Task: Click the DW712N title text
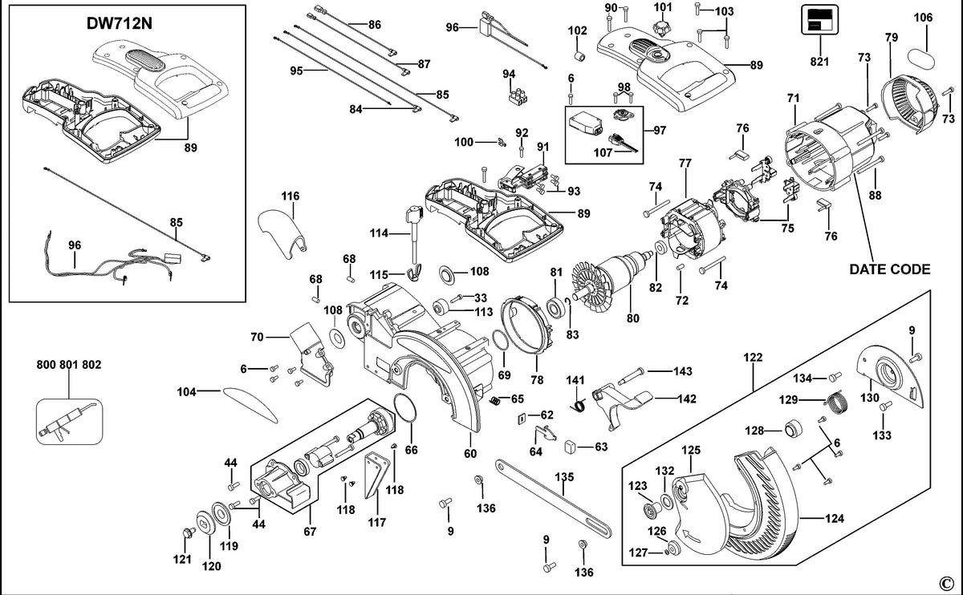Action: (x=120, y=23)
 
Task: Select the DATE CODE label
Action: (x=890, y=269)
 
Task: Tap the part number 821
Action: (x=819, y=62)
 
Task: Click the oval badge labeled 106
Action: (x=921, y=59)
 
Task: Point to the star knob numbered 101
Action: (x=662, y=28)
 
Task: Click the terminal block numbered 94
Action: (x=518, y=97)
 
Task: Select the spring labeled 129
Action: (x=838, y=404)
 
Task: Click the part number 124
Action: (x=835, y=519)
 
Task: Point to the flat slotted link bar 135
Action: (x=553, y=498)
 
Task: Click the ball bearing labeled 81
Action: (x=556, y=308)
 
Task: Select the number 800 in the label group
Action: (x=46, y=365)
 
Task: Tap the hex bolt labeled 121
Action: (x=189, y=532)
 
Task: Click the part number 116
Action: (x=291, y=196)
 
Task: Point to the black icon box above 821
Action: (x=820, y=19)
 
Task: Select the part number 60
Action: (x=470, y=454)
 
